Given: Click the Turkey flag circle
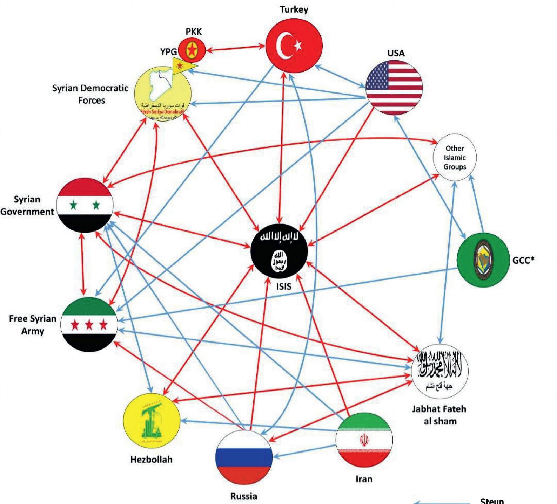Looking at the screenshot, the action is [x=294, y=46].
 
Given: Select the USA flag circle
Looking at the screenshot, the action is [x=394, y=88].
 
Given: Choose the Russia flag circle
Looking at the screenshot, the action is [x=244, y=457].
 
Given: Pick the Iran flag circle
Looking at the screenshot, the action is [x=364, y=440].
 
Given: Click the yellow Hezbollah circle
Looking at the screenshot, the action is [x=152, y=421].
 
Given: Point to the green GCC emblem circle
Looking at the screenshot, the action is [x=483, y=260].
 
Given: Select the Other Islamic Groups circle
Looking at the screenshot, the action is [x=455, y=158].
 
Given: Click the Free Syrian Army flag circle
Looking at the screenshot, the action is [x=89, y=325].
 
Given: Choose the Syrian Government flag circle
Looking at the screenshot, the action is [x=85, y=205].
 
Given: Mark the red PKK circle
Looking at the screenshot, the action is [x=192, y=50].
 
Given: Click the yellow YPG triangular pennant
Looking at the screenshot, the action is [x=183, y=65].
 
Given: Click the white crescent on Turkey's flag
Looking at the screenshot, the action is [x=284, y=46].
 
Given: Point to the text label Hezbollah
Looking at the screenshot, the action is [x=152, y=460].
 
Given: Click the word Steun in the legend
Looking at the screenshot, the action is [x=492, y=501].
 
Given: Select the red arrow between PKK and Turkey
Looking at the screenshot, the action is [x=236, y=48].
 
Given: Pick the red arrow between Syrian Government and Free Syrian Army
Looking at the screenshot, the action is [x=83, y=264].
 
